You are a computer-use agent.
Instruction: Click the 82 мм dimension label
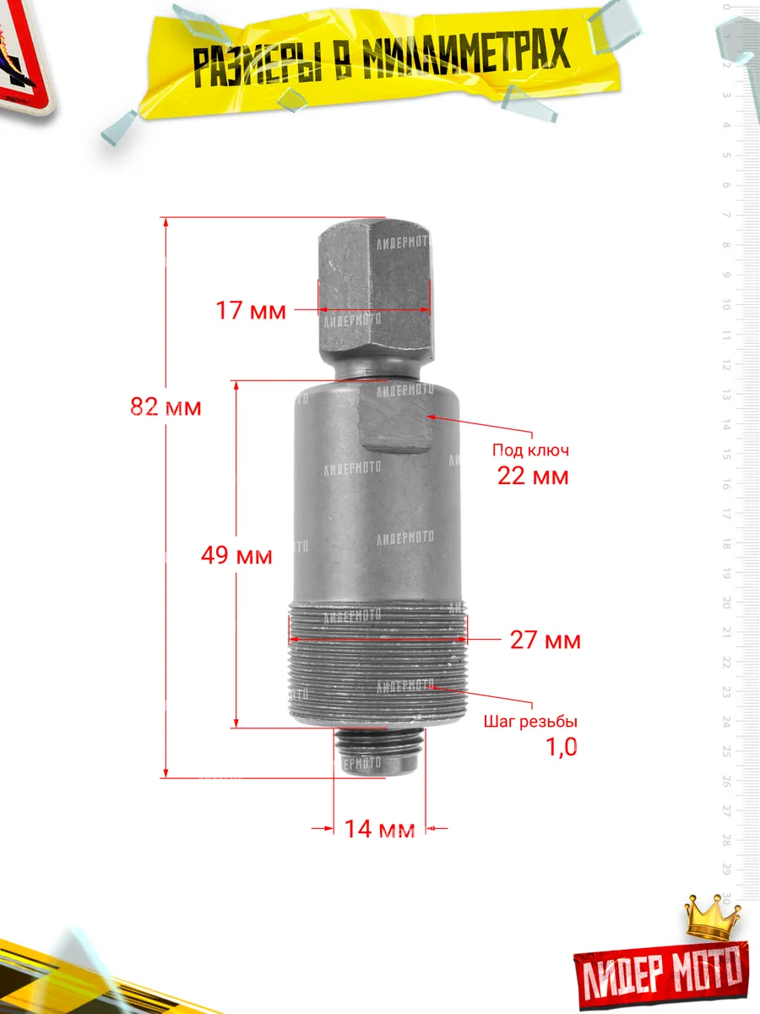pos(166,407)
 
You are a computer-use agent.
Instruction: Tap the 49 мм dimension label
pos(236,555)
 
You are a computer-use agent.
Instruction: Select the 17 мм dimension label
pos(251,310)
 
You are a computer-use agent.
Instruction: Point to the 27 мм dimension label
pos(545,641)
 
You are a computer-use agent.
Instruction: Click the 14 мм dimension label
pos(379,829)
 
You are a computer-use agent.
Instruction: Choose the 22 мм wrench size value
pos(533,476)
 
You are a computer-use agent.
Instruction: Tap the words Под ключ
pos(530,450)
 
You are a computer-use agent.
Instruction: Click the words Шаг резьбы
pos(530,721)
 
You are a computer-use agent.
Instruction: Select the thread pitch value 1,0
pos(562,747)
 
